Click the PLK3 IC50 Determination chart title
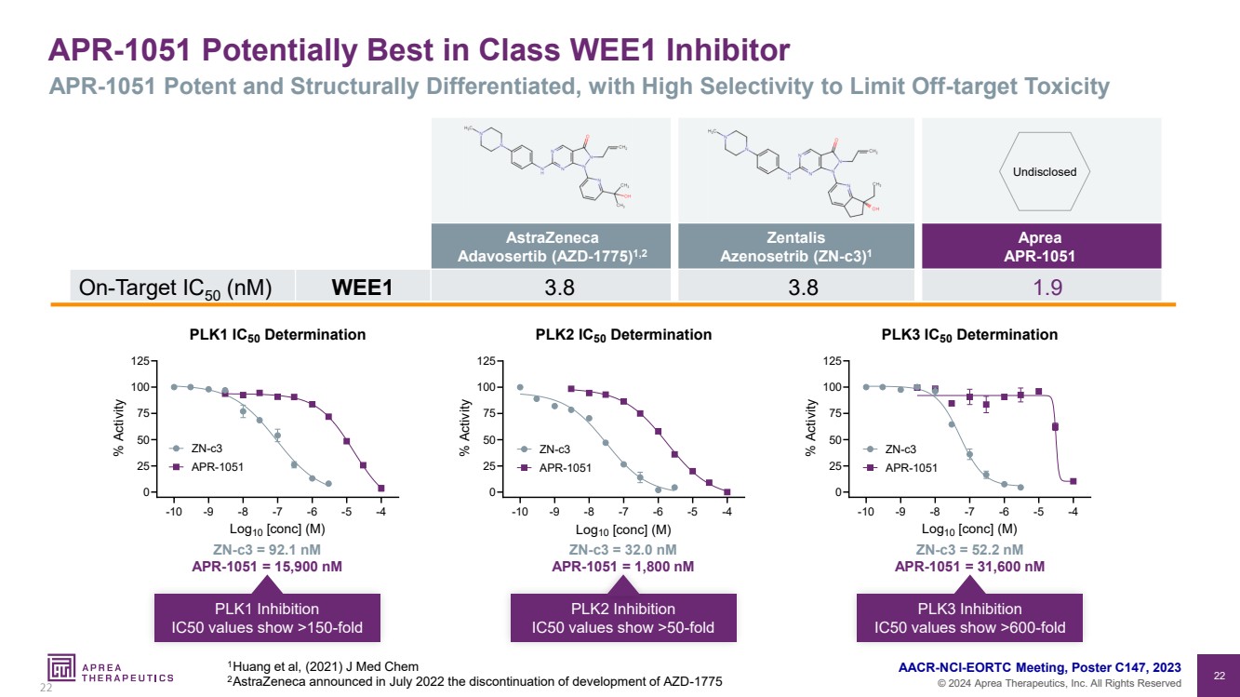click(968, 335)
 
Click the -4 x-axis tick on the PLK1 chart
click(381, 511)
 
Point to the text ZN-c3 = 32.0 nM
click(622, 549)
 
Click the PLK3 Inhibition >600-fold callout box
click(970, 618)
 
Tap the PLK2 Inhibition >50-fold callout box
click(622, 618)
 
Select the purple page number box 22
click(1217, 674)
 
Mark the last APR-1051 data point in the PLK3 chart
click(1073, 481)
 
